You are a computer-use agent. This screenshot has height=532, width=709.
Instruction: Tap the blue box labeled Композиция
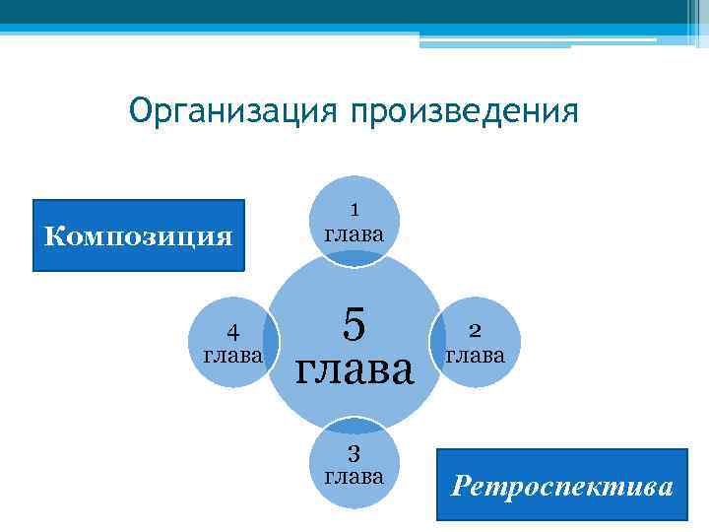point(139,236)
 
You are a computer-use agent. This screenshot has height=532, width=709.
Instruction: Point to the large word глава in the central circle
point(354,371)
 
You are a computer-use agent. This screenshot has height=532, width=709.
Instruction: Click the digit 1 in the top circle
point(354,209)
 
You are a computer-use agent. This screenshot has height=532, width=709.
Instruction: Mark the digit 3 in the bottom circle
point(354,454)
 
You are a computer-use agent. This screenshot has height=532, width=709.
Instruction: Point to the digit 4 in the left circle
point(231,331)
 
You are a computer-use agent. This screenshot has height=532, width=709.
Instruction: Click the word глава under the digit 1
point(354,234)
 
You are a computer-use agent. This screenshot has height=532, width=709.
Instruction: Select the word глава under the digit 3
point(354,478)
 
